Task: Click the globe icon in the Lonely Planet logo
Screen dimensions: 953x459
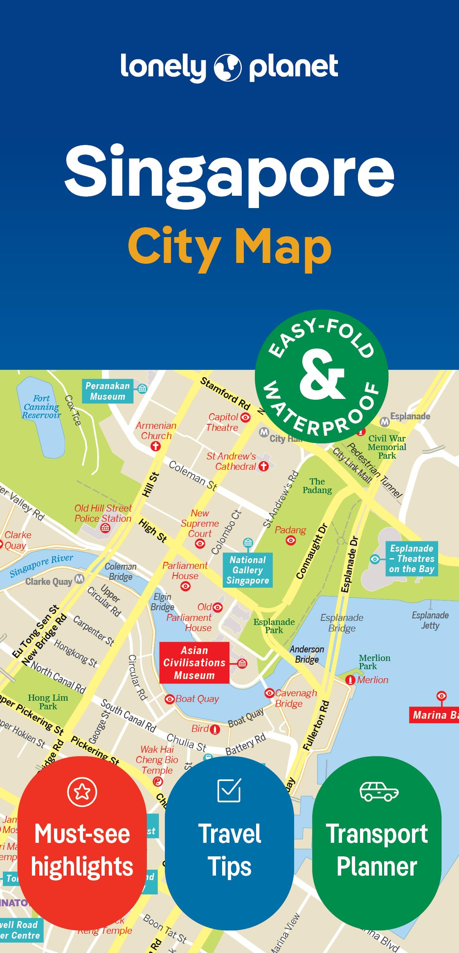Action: tap(227, 68)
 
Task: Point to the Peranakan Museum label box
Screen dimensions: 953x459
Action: tap(108, 391)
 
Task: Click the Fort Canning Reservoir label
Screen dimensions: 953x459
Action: tap(41, 407)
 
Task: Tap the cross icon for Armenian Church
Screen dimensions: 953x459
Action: tap(155, 446)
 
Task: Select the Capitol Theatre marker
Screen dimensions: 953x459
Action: tap(245, 417)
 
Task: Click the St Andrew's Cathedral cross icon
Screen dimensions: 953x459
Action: tap(264, 466)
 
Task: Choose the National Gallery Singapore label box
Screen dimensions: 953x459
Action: tap(248, 570)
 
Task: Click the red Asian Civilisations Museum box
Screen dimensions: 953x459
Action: tap(194, 662)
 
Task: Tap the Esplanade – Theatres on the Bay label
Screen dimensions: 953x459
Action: tap(412, 559)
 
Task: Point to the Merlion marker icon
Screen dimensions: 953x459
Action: tap(350, 680)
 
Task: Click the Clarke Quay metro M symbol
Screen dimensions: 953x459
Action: tap(79, 579)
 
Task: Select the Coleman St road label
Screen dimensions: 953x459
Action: tap(193, 475)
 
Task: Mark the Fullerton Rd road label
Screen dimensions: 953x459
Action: tap(316, 726)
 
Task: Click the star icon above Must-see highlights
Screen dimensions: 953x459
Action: tap(82, 792)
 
